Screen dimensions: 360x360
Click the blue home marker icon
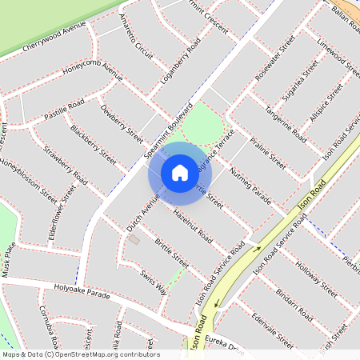click(x=179, y=173)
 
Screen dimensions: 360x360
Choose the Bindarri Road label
click(x=291, y=302)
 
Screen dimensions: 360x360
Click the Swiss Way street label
click(x=153, y=282)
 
